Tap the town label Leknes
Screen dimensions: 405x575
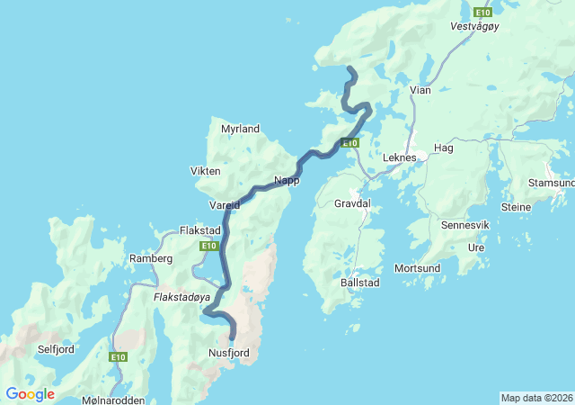400,157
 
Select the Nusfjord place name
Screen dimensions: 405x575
228,353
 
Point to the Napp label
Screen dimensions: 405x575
287,180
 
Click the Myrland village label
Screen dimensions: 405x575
240,129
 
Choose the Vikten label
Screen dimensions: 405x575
206,171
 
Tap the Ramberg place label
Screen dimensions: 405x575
151,258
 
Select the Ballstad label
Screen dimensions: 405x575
360,283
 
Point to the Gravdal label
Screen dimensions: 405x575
352,204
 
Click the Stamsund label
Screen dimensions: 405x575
552,183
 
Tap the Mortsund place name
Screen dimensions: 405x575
417,268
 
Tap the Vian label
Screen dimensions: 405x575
420,90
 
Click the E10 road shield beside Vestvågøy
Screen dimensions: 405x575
482,12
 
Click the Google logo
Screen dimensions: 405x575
30,393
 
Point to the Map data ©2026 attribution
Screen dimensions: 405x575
536,398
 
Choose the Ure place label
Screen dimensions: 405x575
476,247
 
